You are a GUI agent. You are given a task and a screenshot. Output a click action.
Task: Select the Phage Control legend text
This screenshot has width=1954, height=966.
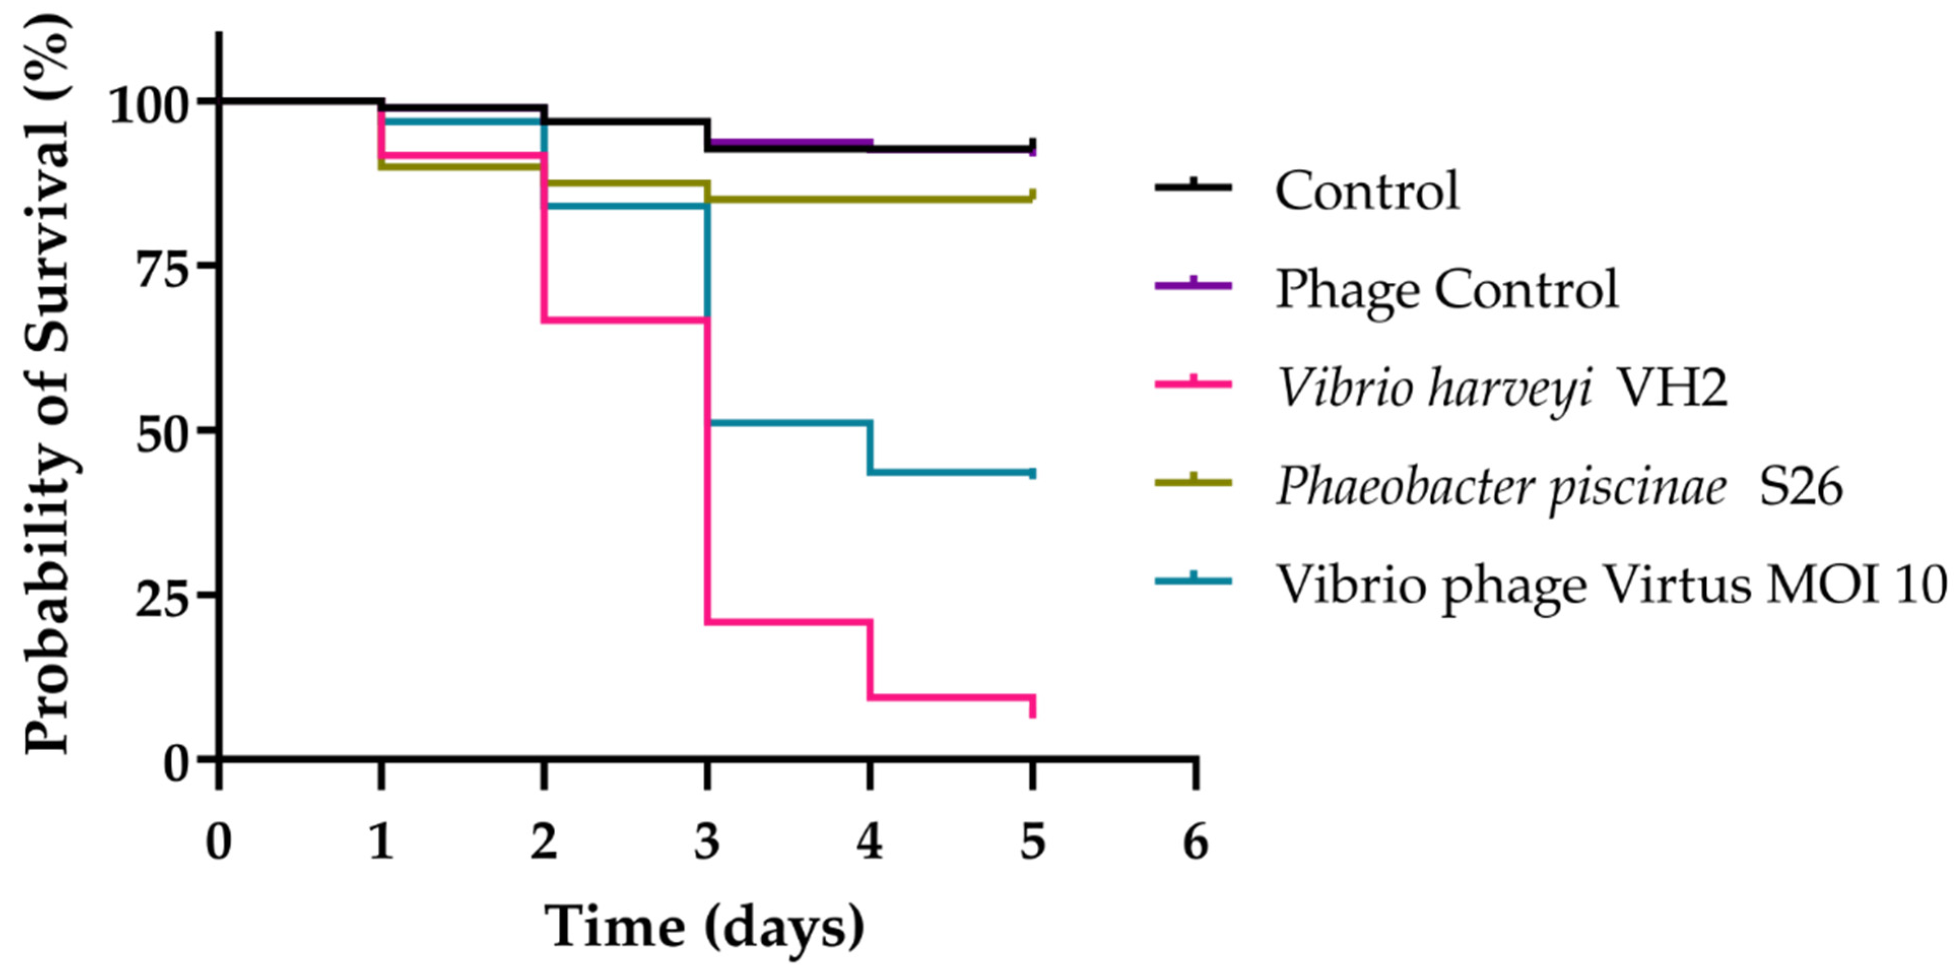pos(1446,289)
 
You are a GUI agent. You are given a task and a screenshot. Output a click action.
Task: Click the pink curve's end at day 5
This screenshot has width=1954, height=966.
pos(1032,706)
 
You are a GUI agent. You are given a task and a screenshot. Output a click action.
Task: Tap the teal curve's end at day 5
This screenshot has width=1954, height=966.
pos(1032,473)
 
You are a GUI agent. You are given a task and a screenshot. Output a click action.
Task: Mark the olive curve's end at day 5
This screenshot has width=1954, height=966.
pos(1032,196)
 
